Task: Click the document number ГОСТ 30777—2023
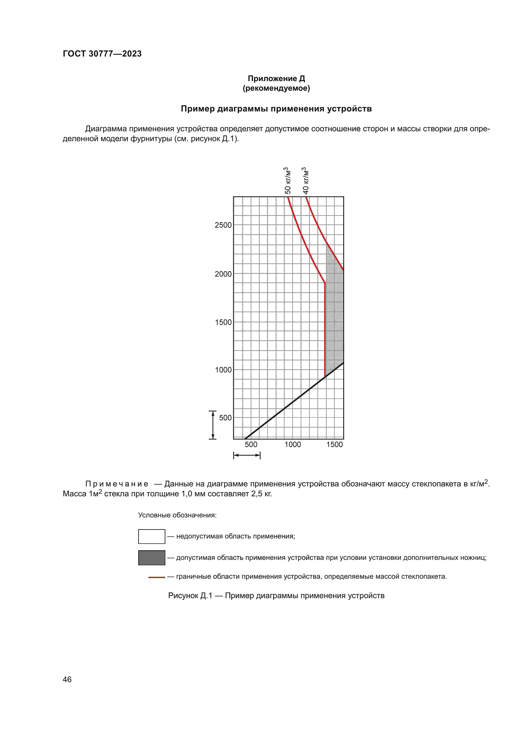coord(102,54)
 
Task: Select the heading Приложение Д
coord(276,79)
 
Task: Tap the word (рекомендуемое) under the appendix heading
coord(276,88)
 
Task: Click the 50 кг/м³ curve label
coord(287,180)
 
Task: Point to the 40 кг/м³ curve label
coord(305,180)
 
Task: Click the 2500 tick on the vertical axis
coord(223,225)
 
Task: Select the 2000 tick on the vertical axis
coord(223,274)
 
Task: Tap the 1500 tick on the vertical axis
coord(223,322)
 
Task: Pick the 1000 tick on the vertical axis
coord(223,370)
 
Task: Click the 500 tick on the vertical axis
coord(225,418)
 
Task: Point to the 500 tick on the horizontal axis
coord(251,445)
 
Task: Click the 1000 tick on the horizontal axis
coord(293,445)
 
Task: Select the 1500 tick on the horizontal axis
coord(335,445)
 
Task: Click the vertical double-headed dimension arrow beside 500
coord(213,425)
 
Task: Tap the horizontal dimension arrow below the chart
coord(247,455)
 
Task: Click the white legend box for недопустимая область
coord(152,537)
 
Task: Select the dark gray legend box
coord(152,558)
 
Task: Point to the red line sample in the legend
coord(156,577)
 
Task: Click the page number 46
coord(67,679)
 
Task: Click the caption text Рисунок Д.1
coord(190,596)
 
